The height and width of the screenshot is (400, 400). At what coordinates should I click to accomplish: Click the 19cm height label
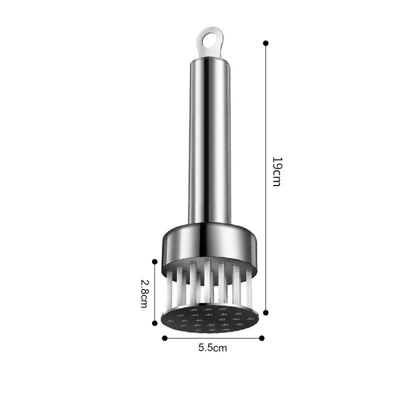(x=276, y=171)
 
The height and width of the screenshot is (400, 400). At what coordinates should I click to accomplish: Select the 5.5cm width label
(x=212, y=348)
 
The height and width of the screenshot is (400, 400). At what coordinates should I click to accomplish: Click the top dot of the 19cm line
(x=265, y=43)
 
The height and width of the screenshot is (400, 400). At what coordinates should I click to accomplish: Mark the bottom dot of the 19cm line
(x=265, y=312)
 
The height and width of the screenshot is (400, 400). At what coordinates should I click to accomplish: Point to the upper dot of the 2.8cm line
(x=155, y=261)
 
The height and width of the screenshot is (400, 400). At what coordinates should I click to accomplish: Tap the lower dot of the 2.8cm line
(x=155, y=324)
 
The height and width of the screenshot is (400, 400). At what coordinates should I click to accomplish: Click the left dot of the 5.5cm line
(x=164, y=338)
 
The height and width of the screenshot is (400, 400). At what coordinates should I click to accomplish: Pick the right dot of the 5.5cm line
(x=261, y=338)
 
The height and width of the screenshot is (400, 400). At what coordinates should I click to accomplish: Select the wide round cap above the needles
(x=210, y=245)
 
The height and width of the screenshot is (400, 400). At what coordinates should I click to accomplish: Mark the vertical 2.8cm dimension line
(x=155, y=292)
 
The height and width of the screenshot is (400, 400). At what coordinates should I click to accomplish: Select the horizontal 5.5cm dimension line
(x=212, y=338)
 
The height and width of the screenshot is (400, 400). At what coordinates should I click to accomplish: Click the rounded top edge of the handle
(x=209, y=59)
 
